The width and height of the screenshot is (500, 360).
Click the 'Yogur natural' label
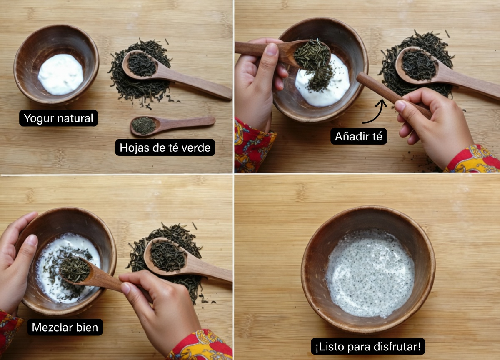(58, 118)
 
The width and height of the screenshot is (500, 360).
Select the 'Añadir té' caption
(358, 136)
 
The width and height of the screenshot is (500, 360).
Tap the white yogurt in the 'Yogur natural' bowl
(60, 74)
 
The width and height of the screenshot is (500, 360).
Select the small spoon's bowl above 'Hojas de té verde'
(144, 125)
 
